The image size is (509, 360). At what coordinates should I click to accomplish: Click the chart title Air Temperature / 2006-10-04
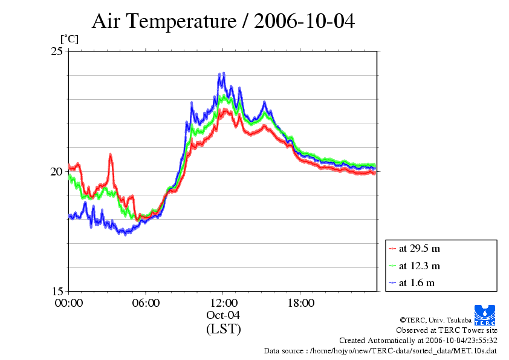(223, 21)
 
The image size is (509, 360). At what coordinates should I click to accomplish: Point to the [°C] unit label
(69, 39)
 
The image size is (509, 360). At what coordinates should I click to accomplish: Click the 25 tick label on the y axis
(56, 51)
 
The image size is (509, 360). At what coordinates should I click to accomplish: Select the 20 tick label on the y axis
(56, 171)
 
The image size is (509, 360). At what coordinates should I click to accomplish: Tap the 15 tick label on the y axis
(56, 291)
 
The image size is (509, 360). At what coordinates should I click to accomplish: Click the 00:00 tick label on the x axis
(69, 303)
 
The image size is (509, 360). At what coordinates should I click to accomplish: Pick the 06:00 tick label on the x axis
(146, 303)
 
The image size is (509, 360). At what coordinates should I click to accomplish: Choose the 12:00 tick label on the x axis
(223, 303)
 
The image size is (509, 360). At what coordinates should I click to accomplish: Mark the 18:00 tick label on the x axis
(300, 303)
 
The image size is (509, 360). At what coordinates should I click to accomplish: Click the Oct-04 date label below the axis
(223, 315)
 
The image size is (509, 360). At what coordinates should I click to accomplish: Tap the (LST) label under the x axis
(223, 329)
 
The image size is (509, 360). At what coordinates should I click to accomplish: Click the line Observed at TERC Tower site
(447, 330)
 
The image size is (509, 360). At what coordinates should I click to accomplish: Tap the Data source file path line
(380, 351)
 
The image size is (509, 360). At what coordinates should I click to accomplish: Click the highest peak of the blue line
(224, 74)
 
